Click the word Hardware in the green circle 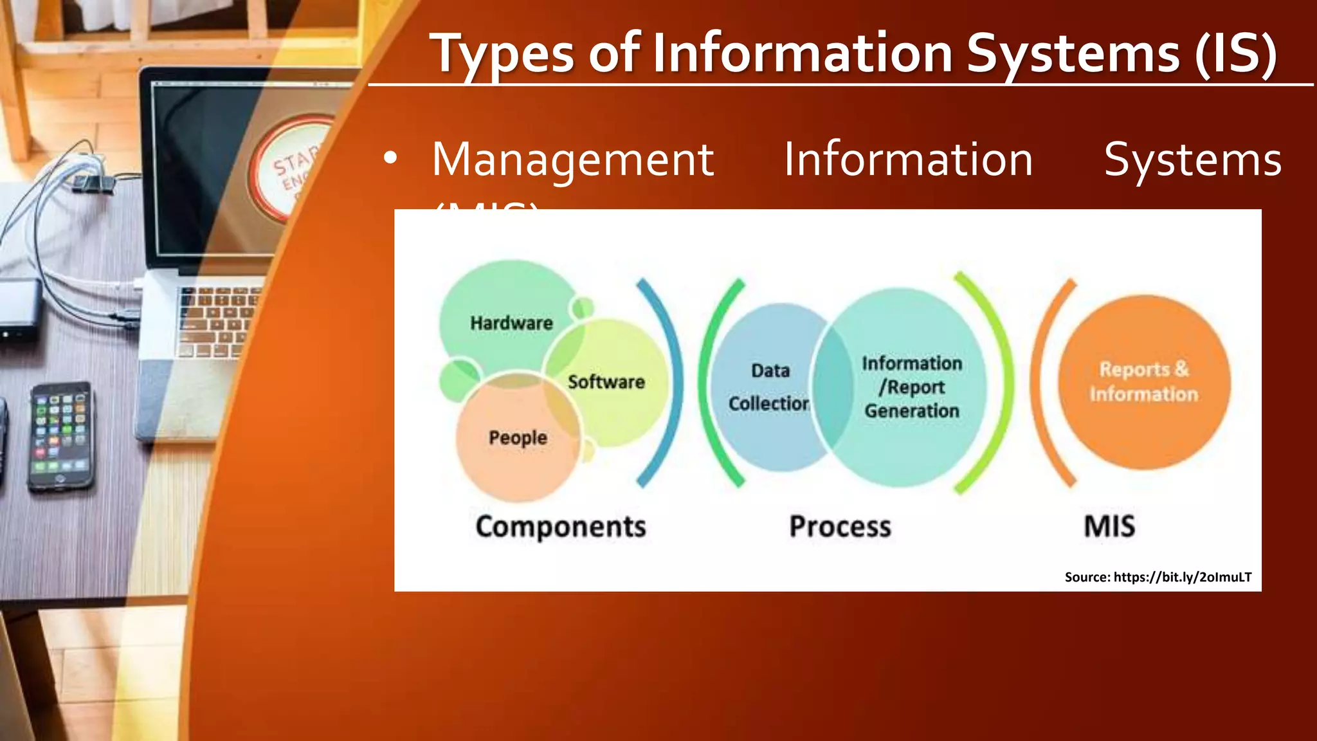(x=511, y=323)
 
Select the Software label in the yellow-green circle (x=606, y=382)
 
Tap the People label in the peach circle (x=518, y=438)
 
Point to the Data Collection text (x=769, y=387)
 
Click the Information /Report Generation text (x=912, y=387)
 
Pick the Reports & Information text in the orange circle (x=1143, y=381)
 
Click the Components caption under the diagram (x=561, y=527)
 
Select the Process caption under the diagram (x=840, y=527)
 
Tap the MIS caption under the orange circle (x=1109, y=526)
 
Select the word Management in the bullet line (x=572, y=160)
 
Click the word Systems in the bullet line (x=1193, y=160)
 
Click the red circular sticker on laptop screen (x=293, y=167)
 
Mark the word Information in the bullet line (x=908, y=160)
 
